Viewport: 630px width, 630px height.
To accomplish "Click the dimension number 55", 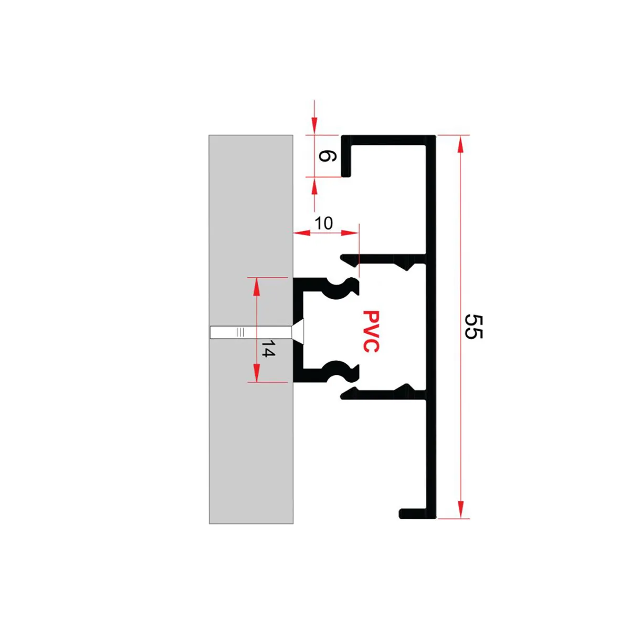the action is tap(473, 327).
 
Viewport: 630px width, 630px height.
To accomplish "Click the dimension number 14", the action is tap(268, 349).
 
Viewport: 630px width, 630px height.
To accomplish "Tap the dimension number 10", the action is tap(324, 223).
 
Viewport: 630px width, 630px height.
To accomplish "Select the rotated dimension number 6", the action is tap(327, 156).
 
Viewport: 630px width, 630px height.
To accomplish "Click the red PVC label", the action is tap(371, 331).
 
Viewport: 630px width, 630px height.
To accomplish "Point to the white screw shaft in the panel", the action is tap(251, 332).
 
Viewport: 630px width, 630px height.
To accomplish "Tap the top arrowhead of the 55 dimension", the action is tap(460, 144).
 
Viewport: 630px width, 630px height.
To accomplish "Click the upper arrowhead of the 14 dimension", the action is tap(257, 287).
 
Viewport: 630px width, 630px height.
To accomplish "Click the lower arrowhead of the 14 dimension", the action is tap(257, 373).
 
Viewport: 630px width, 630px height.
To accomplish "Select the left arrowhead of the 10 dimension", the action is tap(302, 233).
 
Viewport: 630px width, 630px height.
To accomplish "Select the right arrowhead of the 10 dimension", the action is tap(350, 233).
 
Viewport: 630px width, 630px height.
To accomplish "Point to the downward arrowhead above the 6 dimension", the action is tap(314, 125).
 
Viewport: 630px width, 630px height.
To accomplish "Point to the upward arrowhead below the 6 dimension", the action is tap(314, 186).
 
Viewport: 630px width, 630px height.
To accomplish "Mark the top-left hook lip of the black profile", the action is tap(346, 156).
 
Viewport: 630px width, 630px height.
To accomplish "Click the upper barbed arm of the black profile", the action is tap(383, 259).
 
